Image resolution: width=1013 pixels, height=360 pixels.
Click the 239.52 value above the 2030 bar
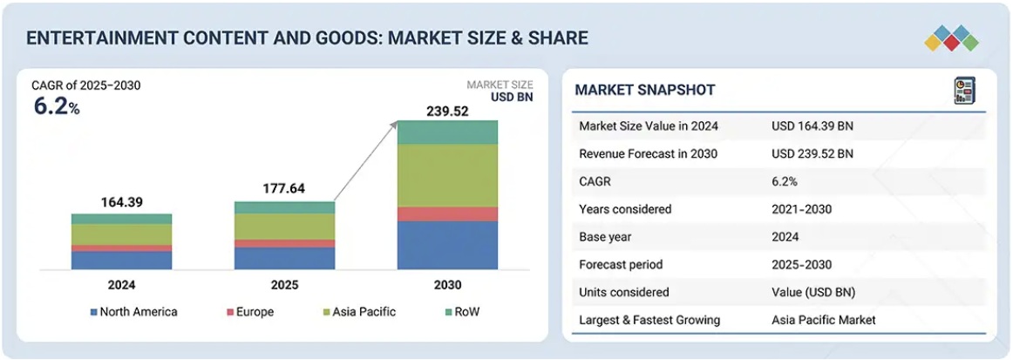point(447,111)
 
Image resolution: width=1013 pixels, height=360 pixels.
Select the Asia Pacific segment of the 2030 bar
point(447,175)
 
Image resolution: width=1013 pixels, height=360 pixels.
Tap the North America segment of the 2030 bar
point(447,245)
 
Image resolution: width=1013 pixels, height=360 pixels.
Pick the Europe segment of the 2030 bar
point(447,214)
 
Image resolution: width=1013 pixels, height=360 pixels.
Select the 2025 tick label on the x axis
point(283,285)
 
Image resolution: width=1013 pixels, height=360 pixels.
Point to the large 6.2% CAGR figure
point(57,107)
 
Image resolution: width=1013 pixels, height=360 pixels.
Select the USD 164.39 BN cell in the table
point(812,126)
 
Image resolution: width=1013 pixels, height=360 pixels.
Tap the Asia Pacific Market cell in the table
point(824,320)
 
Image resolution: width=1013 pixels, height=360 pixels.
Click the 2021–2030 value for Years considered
point(801,209)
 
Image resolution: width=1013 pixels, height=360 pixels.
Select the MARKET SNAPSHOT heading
point(644,90)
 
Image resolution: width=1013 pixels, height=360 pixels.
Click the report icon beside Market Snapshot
point(964,90)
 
